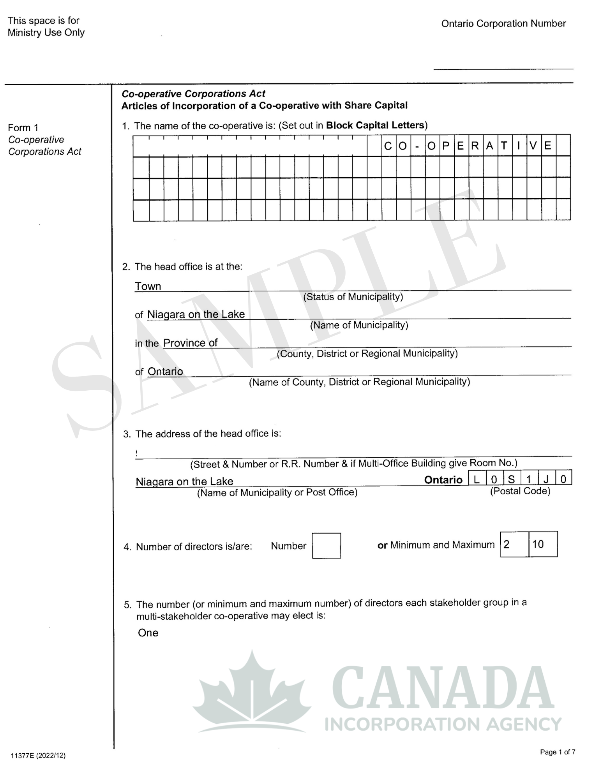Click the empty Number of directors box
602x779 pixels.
(326, 545)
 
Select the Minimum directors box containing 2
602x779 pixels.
(514, 544)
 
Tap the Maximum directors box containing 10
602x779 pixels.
(543, 544)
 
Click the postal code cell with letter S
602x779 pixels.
(511, 479)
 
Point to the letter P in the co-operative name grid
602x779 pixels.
(446, 146)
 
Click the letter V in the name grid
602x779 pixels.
(533, 146)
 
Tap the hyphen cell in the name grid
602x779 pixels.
(417, 146)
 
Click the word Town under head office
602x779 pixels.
(148, 286)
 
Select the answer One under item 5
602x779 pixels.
(148, 633)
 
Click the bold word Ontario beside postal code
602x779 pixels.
(443, 479)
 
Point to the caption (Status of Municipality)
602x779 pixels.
(353, 297)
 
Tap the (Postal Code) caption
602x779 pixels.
(520, 491)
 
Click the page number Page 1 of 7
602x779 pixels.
(557, 752)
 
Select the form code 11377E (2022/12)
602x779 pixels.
(38, 755)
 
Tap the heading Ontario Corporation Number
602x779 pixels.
(503, 24)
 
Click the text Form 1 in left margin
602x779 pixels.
(23, 128)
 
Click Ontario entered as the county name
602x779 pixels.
(165, 371)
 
